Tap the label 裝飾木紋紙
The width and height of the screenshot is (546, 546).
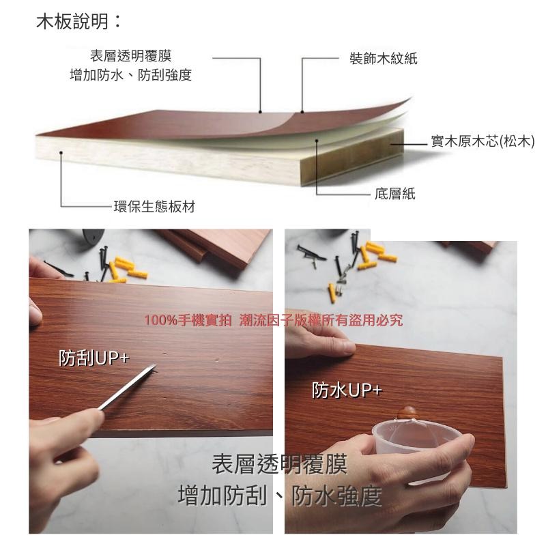[x=383, y=59]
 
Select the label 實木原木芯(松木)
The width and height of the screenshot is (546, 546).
[x=482, y=141]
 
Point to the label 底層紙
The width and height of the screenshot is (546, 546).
[x=394, y=194]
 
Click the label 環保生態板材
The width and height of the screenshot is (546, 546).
[x=154, y=207]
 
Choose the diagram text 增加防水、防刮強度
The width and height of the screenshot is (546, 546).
[x=130, y=75]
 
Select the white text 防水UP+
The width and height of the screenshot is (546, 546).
[x=347, y=390]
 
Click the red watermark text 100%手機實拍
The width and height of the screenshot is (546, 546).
[x=189, y=320]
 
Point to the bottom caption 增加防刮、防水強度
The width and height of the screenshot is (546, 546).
[x=279, y=495]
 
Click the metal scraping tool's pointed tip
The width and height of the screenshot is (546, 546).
[x=155, y=369]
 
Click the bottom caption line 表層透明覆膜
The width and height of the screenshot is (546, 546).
[x=279, y=465]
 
